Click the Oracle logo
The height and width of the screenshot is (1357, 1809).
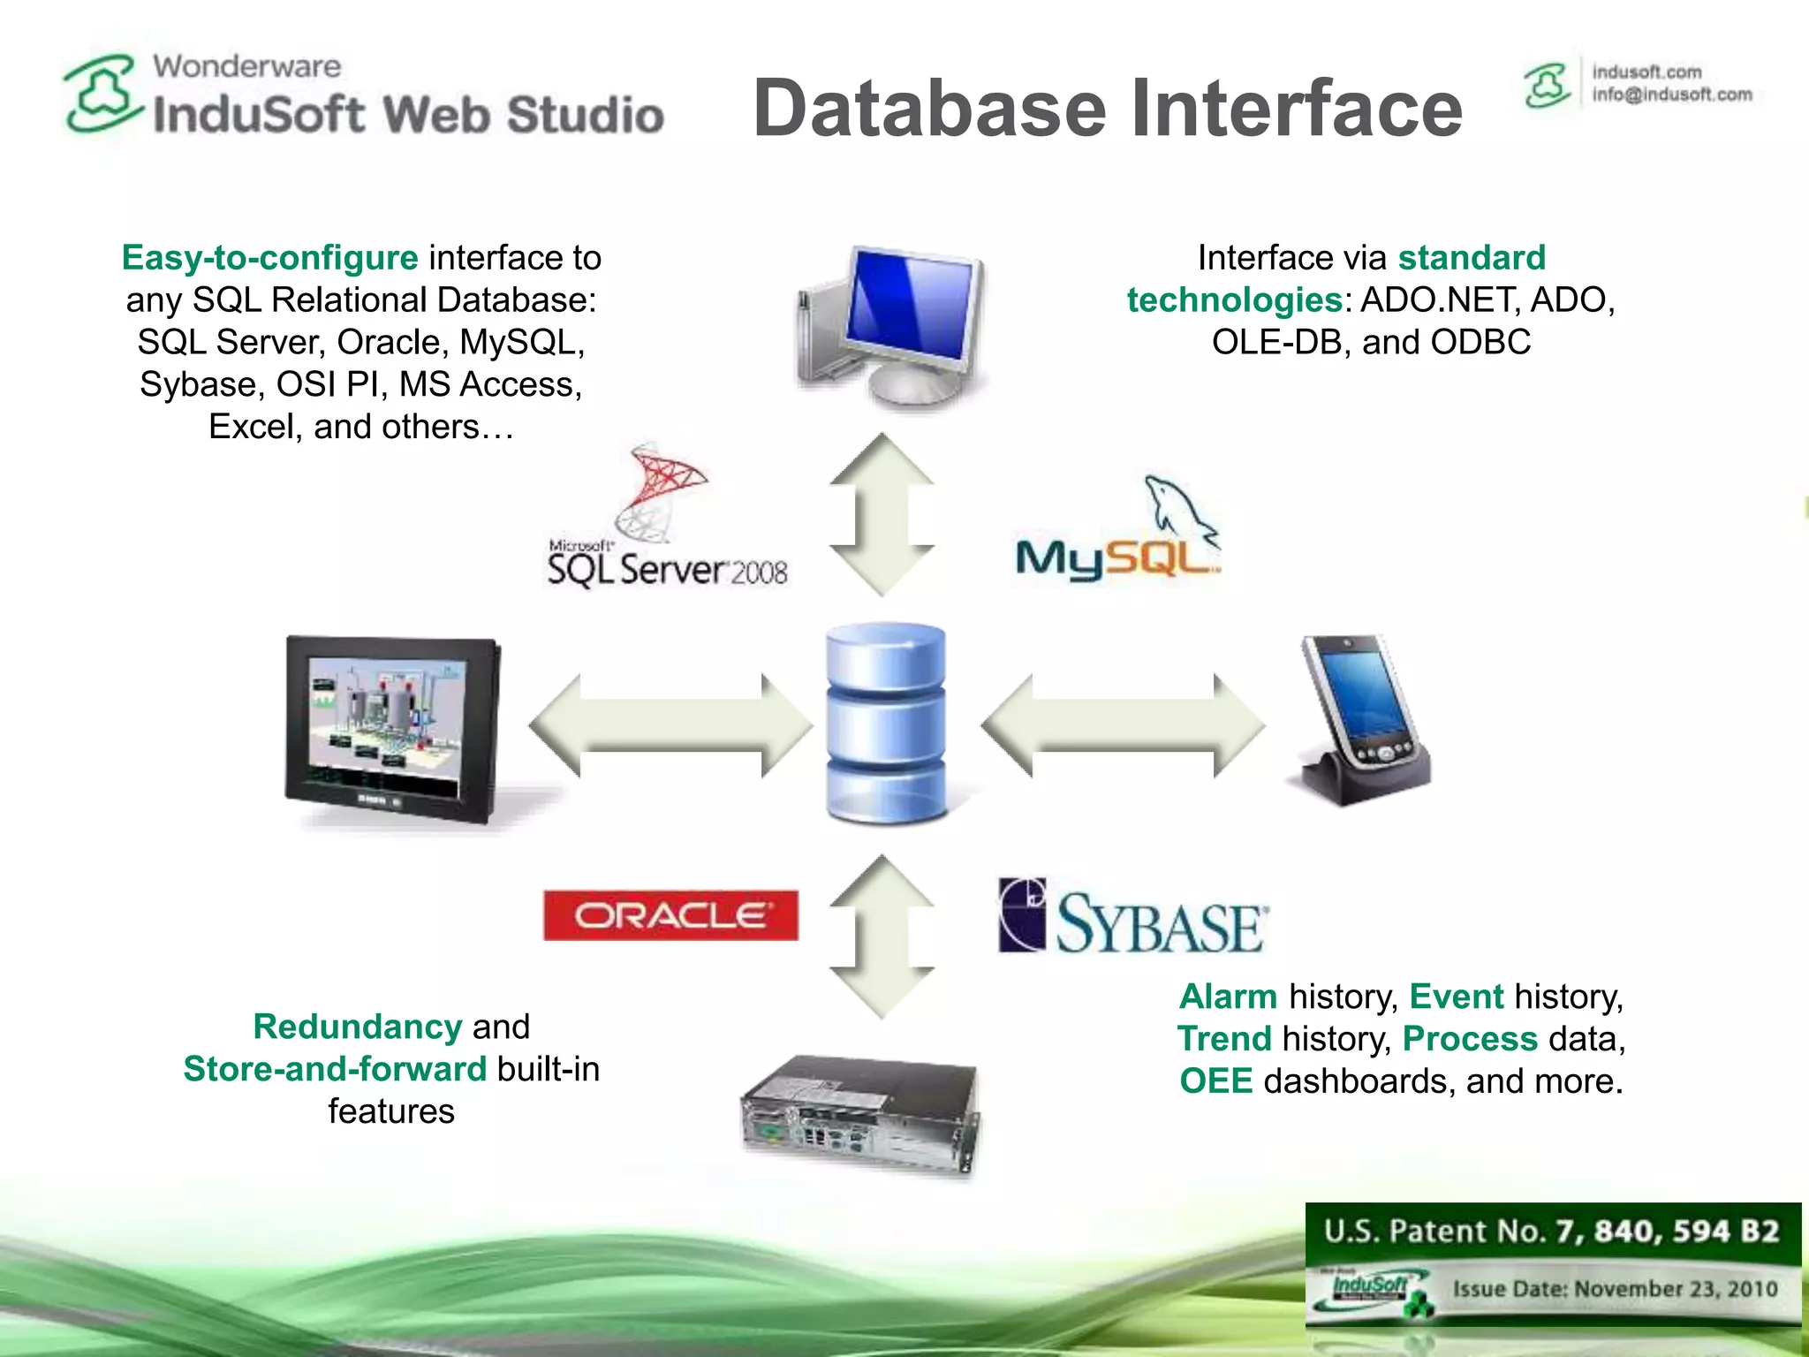click(670, 915)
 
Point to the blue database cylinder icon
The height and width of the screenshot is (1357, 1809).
click(885, 723)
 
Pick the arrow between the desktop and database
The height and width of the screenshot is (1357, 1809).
click(882, 514)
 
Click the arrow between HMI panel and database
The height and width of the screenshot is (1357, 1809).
click(670, 726)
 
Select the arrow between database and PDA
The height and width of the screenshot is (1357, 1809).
click(1123, 726)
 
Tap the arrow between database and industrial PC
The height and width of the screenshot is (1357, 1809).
click(882, 936)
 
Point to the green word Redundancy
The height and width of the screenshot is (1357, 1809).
click(357, 1027)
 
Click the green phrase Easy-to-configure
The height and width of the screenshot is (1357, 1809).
click(269, 258)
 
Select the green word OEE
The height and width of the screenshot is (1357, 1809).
click(1215, 1081)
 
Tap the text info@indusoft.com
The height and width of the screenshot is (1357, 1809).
click(1671, 95)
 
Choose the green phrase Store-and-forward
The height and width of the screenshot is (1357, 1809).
click(335, 1069)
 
